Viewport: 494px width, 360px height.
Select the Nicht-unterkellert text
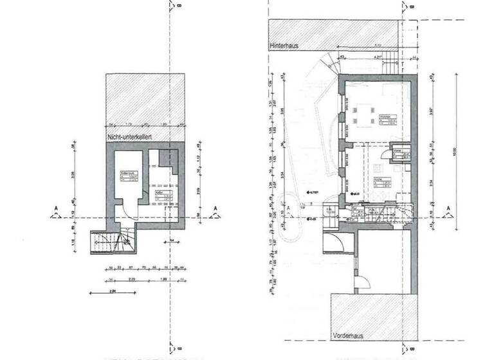point(133,138)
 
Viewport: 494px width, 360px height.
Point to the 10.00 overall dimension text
point(455,153)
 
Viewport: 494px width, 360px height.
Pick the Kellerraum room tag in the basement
point(129,176)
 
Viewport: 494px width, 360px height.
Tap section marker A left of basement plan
point(57,209)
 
